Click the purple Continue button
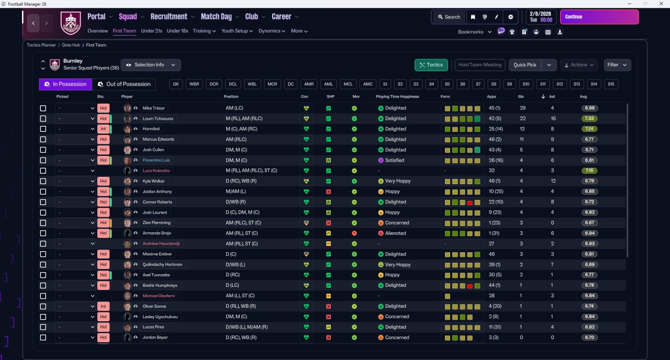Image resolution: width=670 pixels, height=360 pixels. click(x=599, y=17)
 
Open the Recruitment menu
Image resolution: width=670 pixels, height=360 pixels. click(x=169, y=16)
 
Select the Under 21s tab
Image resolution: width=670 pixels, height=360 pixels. click(x=151, y=31)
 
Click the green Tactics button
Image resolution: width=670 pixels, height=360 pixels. click(x=431, y=65)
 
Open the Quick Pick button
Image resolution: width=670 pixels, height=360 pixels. click(x=524, y=65)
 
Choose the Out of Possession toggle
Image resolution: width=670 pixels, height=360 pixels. click(x=124, y=84)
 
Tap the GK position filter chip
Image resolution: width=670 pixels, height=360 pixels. click(x=176, y=84)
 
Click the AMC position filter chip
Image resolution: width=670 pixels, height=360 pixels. click(x=368, y=84)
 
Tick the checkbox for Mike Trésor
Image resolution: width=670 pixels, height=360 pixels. click(x=43, y=108)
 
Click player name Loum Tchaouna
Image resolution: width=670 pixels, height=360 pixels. click(x=158, y=118)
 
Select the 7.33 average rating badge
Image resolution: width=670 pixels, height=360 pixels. click(x=589, y=118)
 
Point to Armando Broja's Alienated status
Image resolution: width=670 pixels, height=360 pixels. click(x=395, y=233)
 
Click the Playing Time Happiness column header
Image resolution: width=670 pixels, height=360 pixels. click(x=397, y=97)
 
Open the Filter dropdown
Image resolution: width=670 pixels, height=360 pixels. click(x=617, y=65)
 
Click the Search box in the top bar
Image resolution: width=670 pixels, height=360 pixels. click(x=449, y=17)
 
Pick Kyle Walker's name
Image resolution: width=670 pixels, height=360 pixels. click(x=153, y=181)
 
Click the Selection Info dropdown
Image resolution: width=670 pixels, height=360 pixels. click(x=151, y=65)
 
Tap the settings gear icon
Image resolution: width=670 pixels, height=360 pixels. click(x=510, y=17)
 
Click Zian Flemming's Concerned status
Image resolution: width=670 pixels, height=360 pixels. click(x=397, y=223)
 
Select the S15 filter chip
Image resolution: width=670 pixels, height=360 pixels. click(x=611, y=84)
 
